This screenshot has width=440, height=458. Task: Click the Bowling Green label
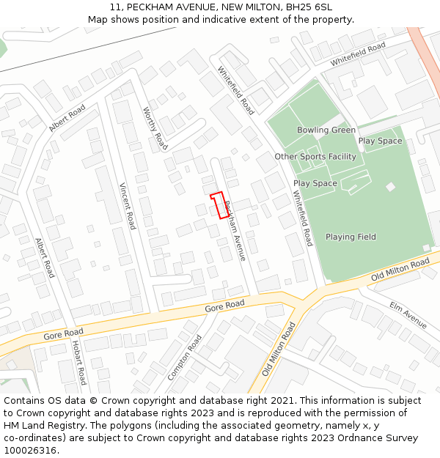coord(326,130)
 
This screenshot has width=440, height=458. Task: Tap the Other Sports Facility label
coord(315,157)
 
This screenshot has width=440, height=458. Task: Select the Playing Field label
coord(351,237)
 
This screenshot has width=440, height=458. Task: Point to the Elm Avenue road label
coord(408,315)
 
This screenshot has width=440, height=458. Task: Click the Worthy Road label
coord(155,129)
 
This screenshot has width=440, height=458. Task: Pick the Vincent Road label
coord(128,206)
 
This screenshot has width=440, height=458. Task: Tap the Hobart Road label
coord(78,362)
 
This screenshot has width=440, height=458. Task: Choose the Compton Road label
coord(184,358)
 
